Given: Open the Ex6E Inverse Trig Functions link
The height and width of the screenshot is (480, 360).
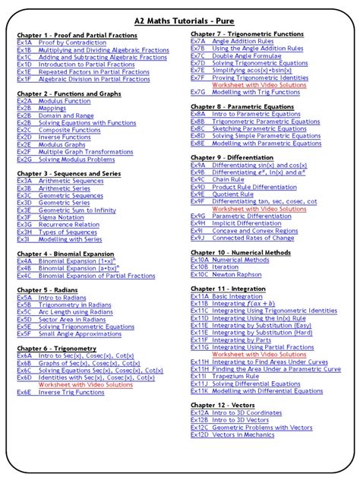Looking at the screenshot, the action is pyautogui.click(x=72, y=392).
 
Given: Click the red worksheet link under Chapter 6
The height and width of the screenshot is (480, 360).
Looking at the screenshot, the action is pyautogui.click(x=89, y=384).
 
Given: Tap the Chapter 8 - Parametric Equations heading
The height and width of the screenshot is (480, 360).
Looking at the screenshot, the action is pyautogui.click(x=242, y=106).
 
